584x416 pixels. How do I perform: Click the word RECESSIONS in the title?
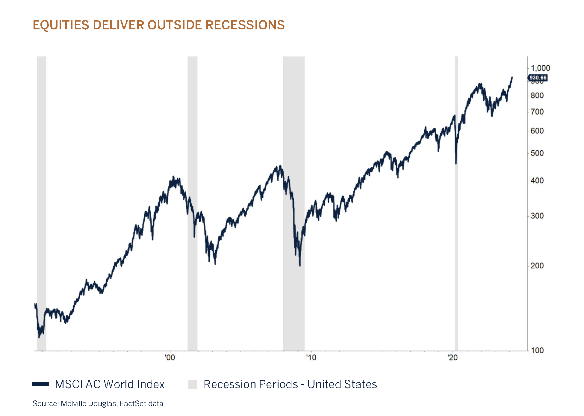pos(245,25)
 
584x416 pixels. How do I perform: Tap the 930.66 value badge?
pos(538,78)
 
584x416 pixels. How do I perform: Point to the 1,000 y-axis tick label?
pos(540,68)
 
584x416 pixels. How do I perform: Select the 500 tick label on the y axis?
pos(537,153)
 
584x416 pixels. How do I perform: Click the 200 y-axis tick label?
pos(537,266)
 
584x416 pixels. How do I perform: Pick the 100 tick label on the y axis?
pos(537,350)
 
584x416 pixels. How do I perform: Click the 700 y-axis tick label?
pos(537,112)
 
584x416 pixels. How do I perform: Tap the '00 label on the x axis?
pos(170,358)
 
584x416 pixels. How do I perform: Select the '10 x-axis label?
pos(311,358)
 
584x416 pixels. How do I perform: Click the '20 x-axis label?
pos(453,358)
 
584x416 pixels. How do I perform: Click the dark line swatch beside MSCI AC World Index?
pos(41,384)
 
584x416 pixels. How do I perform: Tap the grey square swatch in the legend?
pos(193,385)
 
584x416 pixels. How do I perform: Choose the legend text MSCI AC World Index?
pos(110,384)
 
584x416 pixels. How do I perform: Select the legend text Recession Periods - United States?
pos(290,384)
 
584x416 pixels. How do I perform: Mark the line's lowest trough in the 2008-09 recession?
pos(300,265)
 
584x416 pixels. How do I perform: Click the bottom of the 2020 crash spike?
pos(456,163)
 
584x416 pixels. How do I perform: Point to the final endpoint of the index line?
pos(512,77)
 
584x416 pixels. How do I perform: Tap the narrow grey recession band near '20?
pos(456,240)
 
